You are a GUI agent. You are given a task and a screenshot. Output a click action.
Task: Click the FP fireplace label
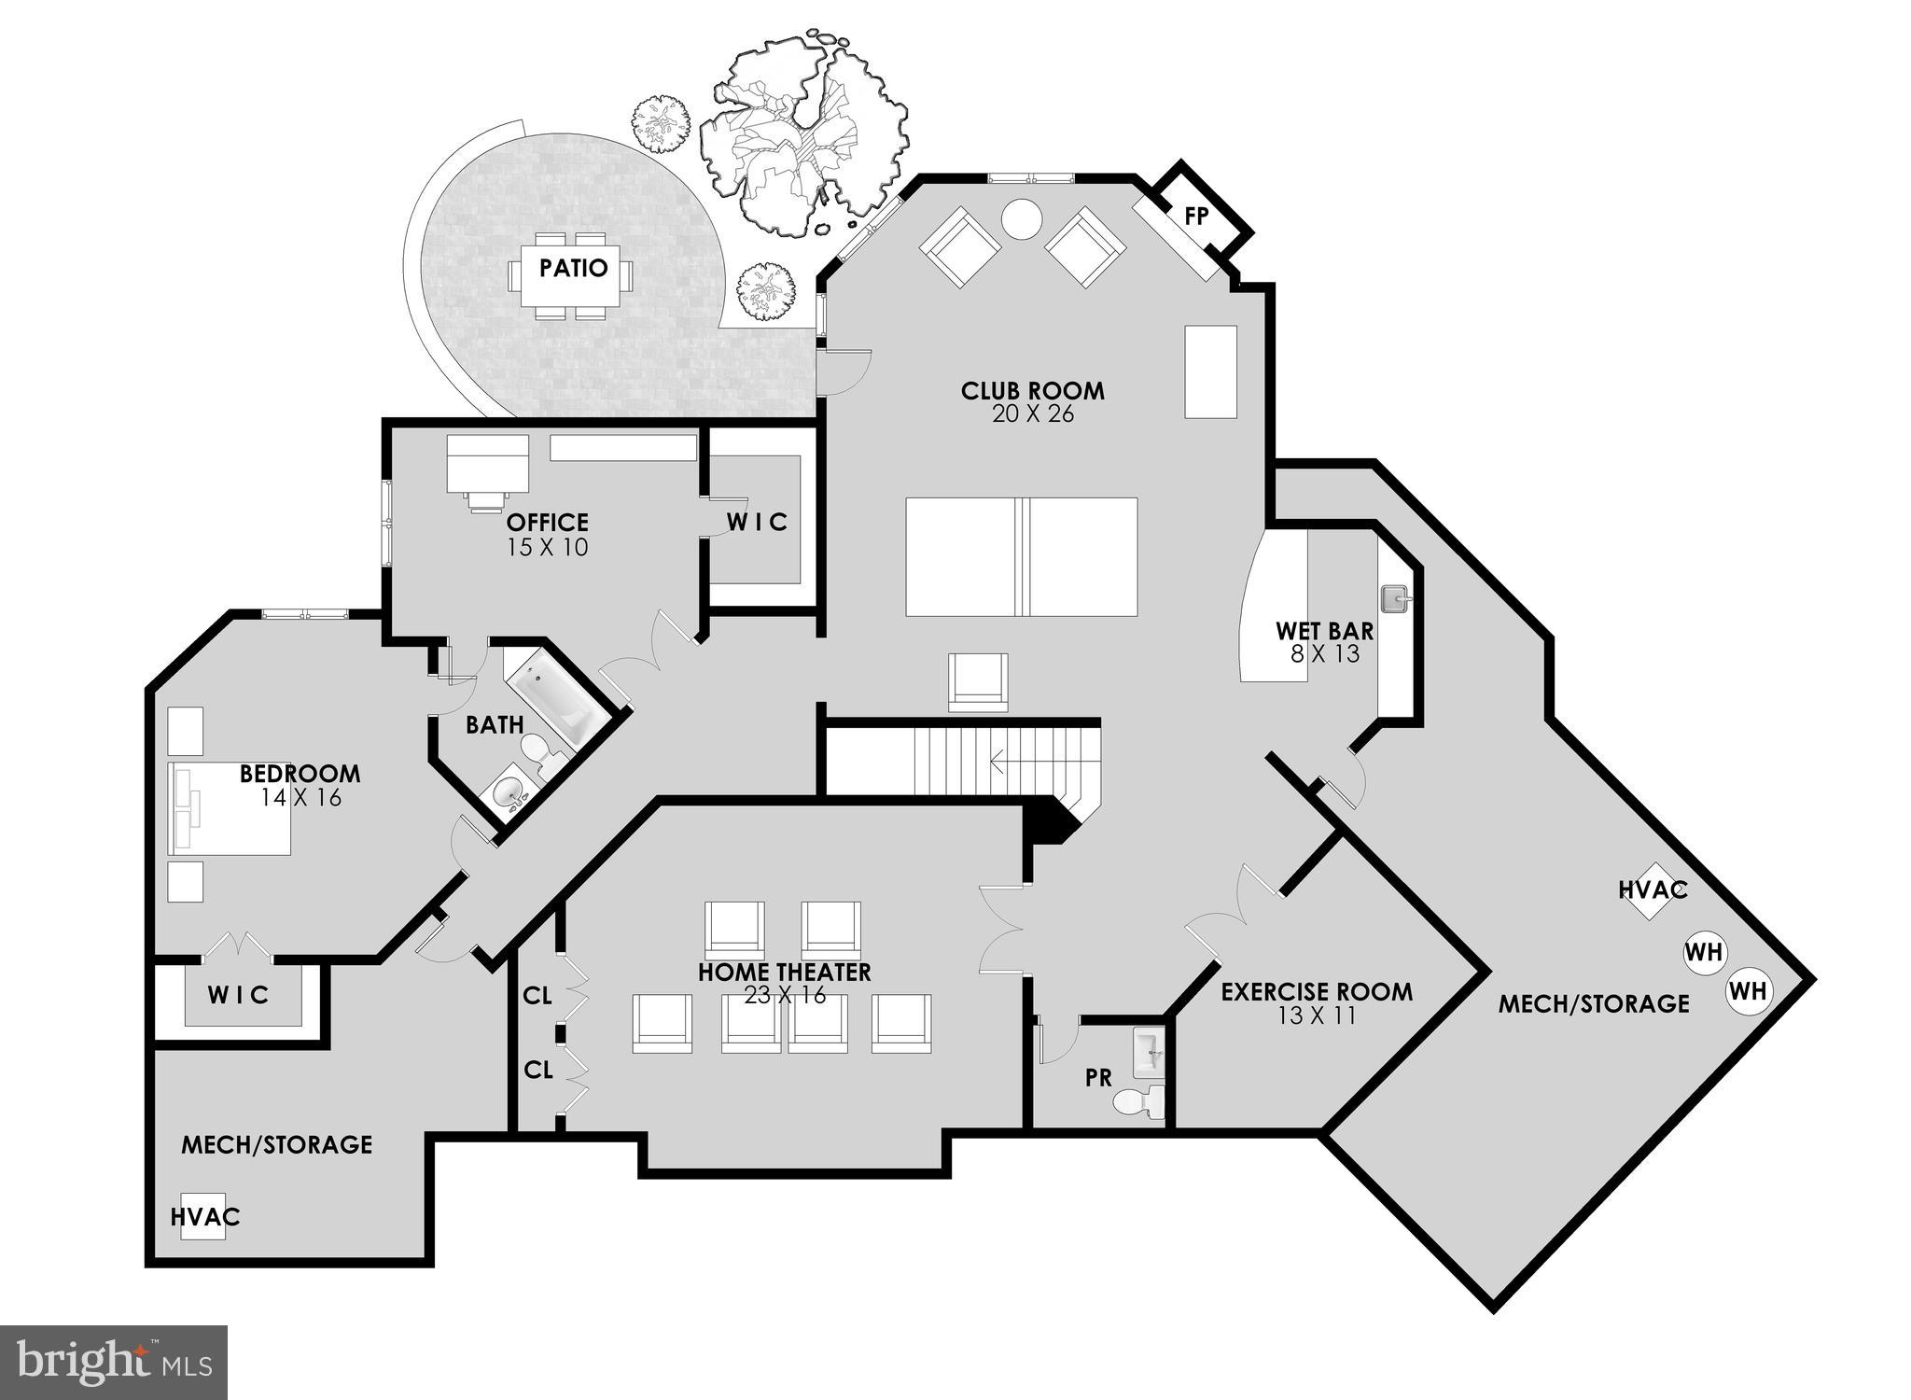pyautogui.click(x=1196, y=217)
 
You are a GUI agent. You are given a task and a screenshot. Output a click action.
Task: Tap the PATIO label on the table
pyautogui.click(x=573, y=269)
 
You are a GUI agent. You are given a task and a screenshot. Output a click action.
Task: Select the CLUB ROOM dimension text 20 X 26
pyautogui.click(x=1032, y=414)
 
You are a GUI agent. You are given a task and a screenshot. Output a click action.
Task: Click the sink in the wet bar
pyautogui.click(x=1394, y=595)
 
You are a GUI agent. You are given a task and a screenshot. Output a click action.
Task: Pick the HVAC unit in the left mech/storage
pyautogui.click(x=203, y=1216)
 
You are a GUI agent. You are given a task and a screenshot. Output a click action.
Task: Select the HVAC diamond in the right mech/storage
pyautogui.click(x=1652, y=890)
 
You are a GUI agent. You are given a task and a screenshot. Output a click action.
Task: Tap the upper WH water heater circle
pyautogui.click(x=1704, y=953)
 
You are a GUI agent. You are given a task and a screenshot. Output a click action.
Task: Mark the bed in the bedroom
pyautogui.click(x=230, y=808)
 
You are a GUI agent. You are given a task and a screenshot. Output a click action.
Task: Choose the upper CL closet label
pyautogui.click(x=537, y=996)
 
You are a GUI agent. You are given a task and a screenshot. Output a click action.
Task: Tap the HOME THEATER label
pyautogui.click(x=784, y=972)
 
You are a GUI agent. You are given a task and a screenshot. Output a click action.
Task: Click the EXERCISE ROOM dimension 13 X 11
pyautogui.click(x=1316, y=1016)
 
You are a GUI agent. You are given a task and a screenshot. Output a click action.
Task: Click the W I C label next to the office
pyautogui.click(x=757, y=522)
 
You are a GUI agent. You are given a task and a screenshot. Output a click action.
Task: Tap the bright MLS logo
pyautogui.click(x=113, y=1362)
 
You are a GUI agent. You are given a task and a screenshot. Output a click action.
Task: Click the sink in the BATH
pyautogui.click(x=508, y=793)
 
